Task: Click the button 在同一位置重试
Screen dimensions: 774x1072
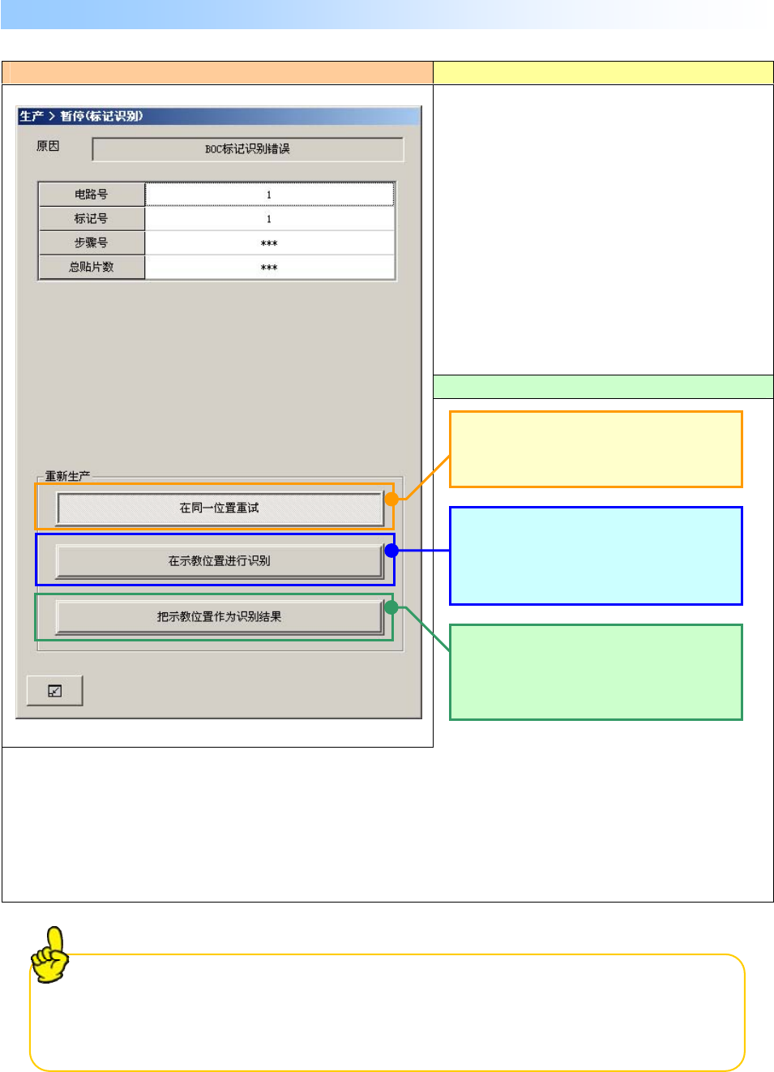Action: pos(220,508)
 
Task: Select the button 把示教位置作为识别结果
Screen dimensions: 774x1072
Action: pos(219,617)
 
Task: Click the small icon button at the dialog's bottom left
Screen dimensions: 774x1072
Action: pos(54,691)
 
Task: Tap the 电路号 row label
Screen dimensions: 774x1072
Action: pos(92,195)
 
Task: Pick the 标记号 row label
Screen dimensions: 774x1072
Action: pos(92,219)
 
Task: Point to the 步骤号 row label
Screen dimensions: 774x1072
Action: pos(92,242)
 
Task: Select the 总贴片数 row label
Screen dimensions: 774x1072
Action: pos(92,267)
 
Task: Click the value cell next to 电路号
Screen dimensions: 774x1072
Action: pos(269,195)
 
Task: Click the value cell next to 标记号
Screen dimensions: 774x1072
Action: pos(269,219)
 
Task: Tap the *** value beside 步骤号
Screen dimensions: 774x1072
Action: pos(269,243)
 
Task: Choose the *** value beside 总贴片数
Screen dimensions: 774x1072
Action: pos(269,268)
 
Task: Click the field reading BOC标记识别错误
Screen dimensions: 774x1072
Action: pos(247,149)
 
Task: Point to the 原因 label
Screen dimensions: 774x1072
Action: pos(48,147)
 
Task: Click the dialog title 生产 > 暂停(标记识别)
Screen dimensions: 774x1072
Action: pos(81,116)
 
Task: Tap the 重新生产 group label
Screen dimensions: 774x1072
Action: pos(67,476)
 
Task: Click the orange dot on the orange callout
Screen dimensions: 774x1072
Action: pos(391,499)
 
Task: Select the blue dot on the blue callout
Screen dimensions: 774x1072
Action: pos(391,551)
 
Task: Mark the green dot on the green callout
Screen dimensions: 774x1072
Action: pos(391,607)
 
